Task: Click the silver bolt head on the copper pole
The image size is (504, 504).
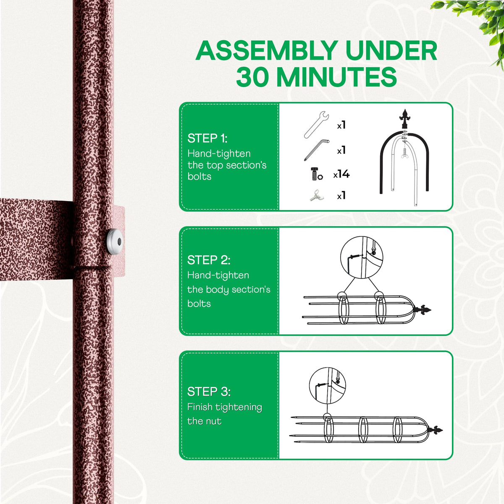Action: click(115, 241)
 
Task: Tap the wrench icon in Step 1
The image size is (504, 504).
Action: click(317, 125)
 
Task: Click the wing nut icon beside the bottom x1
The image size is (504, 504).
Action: click(317, 195)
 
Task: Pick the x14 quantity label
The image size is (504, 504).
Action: click(341, 174)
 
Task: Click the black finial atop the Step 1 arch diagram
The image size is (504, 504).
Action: click(405, 119)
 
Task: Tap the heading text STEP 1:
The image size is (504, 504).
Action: click(207, 138)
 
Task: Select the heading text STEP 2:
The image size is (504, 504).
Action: click(209, 260)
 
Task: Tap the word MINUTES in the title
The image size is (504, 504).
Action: click(336, 77)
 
